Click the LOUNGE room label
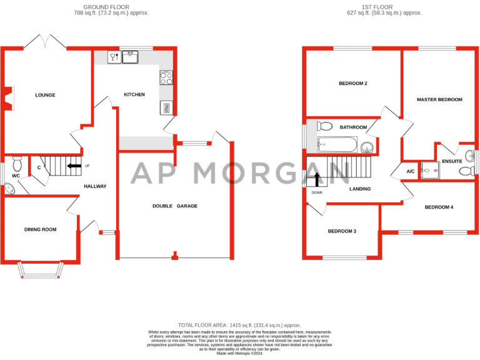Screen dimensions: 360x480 click(45, 95)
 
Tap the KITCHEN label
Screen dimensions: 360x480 click(134, 94)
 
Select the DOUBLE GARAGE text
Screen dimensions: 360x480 click(175, 206)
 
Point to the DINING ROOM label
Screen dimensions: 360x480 click(41, 229)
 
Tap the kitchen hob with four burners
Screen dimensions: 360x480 click(167, 78)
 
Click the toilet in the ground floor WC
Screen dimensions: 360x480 click(17, 163)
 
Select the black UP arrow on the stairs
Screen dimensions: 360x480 click(74, 166)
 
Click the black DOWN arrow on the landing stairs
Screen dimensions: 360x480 click(317, 179)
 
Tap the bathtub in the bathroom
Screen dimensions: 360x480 click(337, 146)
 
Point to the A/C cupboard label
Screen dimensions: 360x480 click(411, 171)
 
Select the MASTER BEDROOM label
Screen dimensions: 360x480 click(439, 99)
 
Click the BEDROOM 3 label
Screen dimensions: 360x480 click(342, 231)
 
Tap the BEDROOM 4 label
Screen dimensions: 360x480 click(439, 207)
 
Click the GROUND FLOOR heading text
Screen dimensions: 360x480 click(102, 7)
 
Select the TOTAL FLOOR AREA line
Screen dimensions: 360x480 click(239, 325)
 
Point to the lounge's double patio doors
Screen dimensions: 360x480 click(45, 44)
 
